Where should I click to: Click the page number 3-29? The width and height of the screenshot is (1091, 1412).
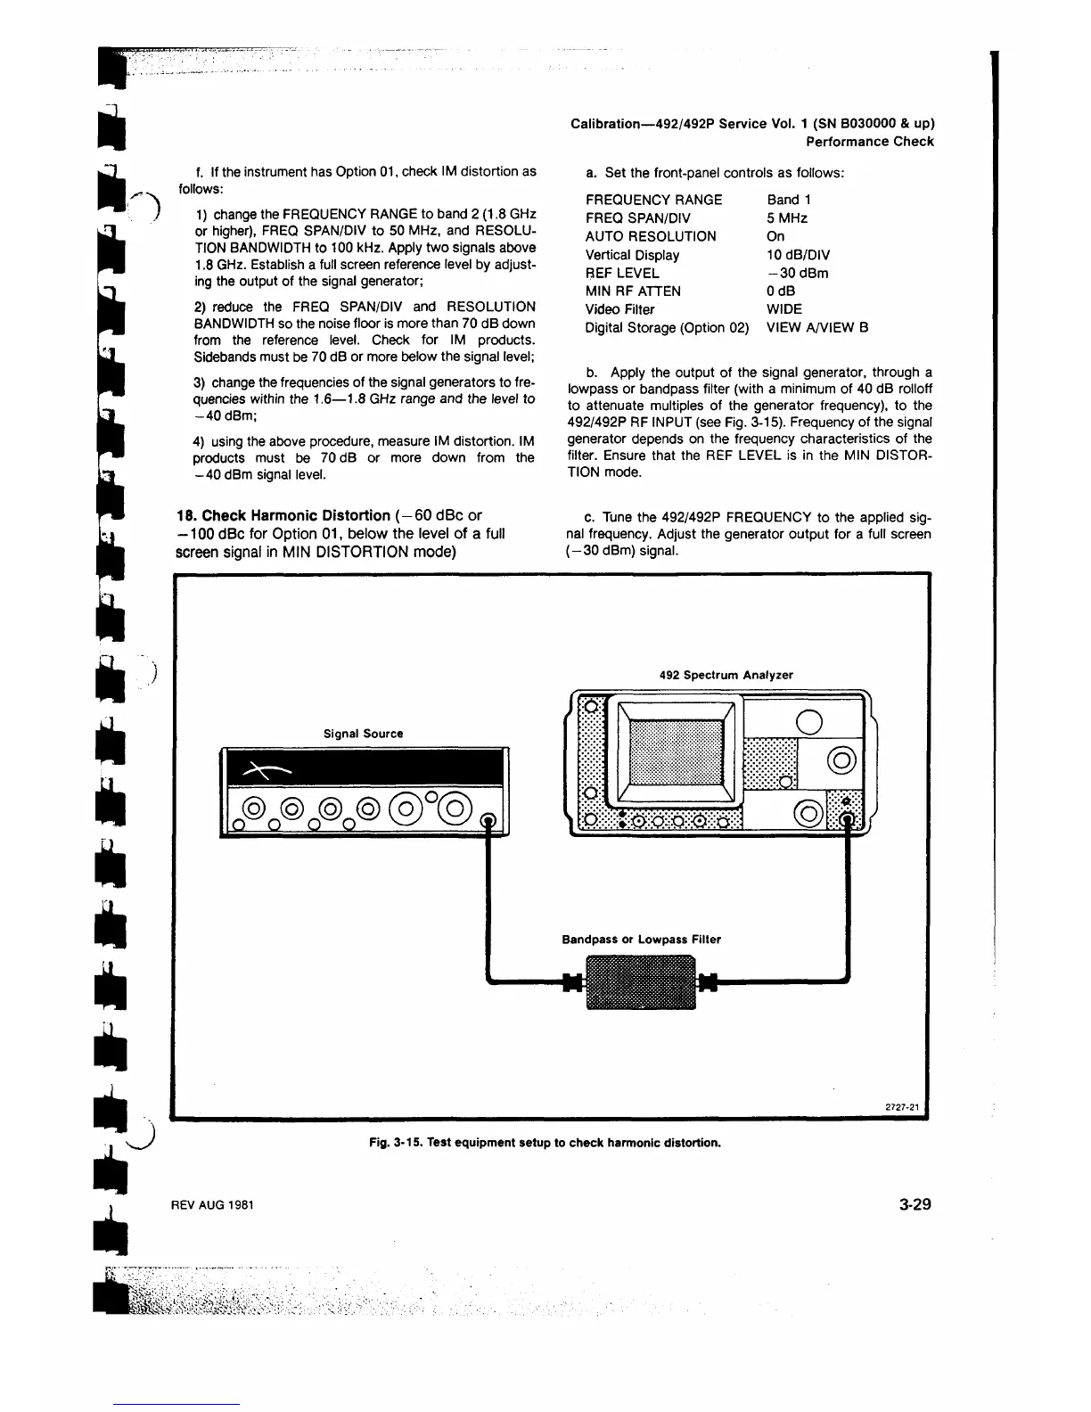[915, 1204]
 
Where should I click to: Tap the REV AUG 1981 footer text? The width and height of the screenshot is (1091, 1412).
[213, 1205]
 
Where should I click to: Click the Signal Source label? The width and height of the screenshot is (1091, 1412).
[363, 734]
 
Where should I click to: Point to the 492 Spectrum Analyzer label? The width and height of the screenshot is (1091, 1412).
[726, 675]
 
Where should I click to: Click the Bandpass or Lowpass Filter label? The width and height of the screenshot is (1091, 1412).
[641, 940]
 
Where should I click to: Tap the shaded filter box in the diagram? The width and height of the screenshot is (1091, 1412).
[639, 981]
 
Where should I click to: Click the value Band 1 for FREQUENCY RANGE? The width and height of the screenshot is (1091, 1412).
[789, 200]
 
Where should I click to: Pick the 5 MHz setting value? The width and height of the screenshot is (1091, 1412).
[787, 218]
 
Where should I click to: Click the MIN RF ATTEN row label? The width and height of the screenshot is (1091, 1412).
[633, 291]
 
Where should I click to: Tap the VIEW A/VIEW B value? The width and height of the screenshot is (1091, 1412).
[817, 328]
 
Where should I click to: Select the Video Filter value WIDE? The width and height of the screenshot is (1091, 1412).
[784, 309]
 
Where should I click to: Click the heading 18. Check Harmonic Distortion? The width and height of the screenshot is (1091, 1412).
[283, 516]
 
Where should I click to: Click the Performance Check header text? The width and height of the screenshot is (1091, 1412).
[869, 142]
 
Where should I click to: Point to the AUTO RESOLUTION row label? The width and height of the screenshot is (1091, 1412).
[651, 236]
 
